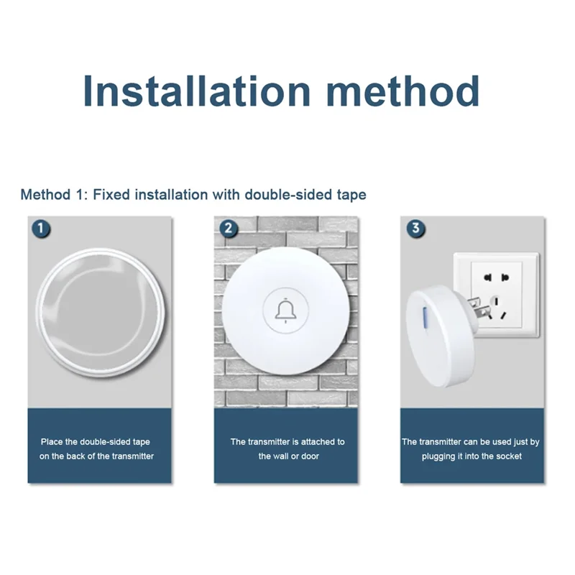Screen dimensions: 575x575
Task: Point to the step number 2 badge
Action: [229, 229]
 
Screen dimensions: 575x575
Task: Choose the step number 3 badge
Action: [415, 229]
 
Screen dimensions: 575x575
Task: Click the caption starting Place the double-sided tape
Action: [97, 449]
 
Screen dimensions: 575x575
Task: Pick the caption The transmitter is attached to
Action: [287, 442]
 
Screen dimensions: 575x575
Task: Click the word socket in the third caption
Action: [507, 456]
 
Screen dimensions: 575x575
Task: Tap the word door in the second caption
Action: [309, 456]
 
